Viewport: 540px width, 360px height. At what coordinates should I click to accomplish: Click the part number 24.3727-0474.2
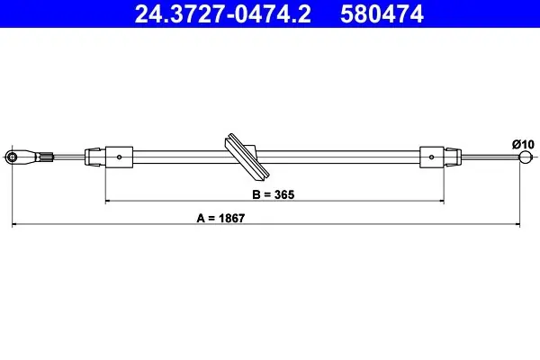223,13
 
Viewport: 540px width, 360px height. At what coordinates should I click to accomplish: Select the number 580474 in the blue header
382,13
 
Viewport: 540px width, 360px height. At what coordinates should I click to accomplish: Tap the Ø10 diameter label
523,144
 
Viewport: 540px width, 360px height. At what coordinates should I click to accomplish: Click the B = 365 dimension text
274,194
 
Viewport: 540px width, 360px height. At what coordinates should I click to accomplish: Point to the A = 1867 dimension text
220,218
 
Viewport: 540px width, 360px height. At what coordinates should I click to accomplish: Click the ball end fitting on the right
525,157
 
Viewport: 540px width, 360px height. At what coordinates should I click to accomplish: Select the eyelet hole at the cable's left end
13,157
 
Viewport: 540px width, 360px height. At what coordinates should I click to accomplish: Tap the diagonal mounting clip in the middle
247,157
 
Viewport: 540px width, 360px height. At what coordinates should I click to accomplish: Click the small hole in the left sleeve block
119,157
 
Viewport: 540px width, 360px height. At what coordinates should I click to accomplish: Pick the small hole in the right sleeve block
431,157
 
